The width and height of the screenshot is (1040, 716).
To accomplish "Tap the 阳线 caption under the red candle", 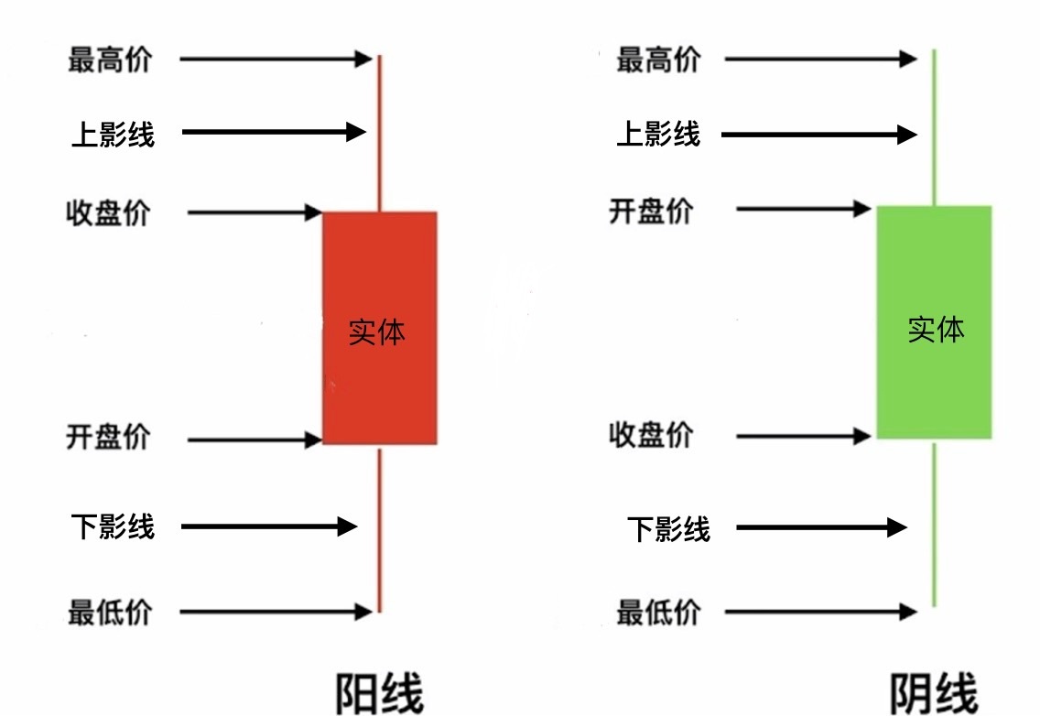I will pos(380,694).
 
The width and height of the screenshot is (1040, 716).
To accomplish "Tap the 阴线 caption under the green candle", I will pos(934,694).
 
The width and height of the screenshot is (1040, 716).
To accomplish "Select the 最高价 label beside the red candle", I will pos(110,60).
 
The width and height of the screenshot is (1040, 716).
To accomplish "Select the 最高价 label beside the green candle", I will pos(658,60).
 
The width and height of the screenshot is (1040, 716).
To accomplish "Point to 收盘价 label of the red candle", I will pos(108,214).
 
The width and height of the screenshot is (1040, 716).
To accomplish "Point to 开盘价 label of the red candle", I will pos(108,437).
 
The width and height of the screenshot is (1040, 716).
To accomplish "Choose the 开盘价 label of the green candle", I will pos(652,211).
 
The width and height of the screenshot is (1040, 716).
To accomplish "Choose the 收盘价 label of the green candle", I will pos(652,435).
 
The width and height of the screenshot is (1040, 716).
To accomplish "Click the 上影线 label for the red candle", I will pos(114,134).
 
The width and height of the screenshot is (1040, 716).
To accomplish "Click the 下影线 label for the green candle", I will pos(668,528).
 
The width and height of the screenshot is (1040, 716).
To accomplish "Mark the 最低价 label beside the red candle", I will pos(110,611).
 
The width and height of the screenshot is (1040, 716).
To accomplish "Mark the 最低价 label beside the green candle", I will pos(658,612).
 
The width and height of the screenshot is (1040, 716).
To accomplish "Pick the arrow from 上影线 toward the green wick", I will pos(819,136).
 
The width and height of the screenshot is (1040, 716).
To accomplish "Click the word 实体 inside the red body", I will pos(376,332).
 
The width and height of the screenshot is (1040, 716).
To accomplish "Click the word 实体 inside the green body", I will pos(936,330).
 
